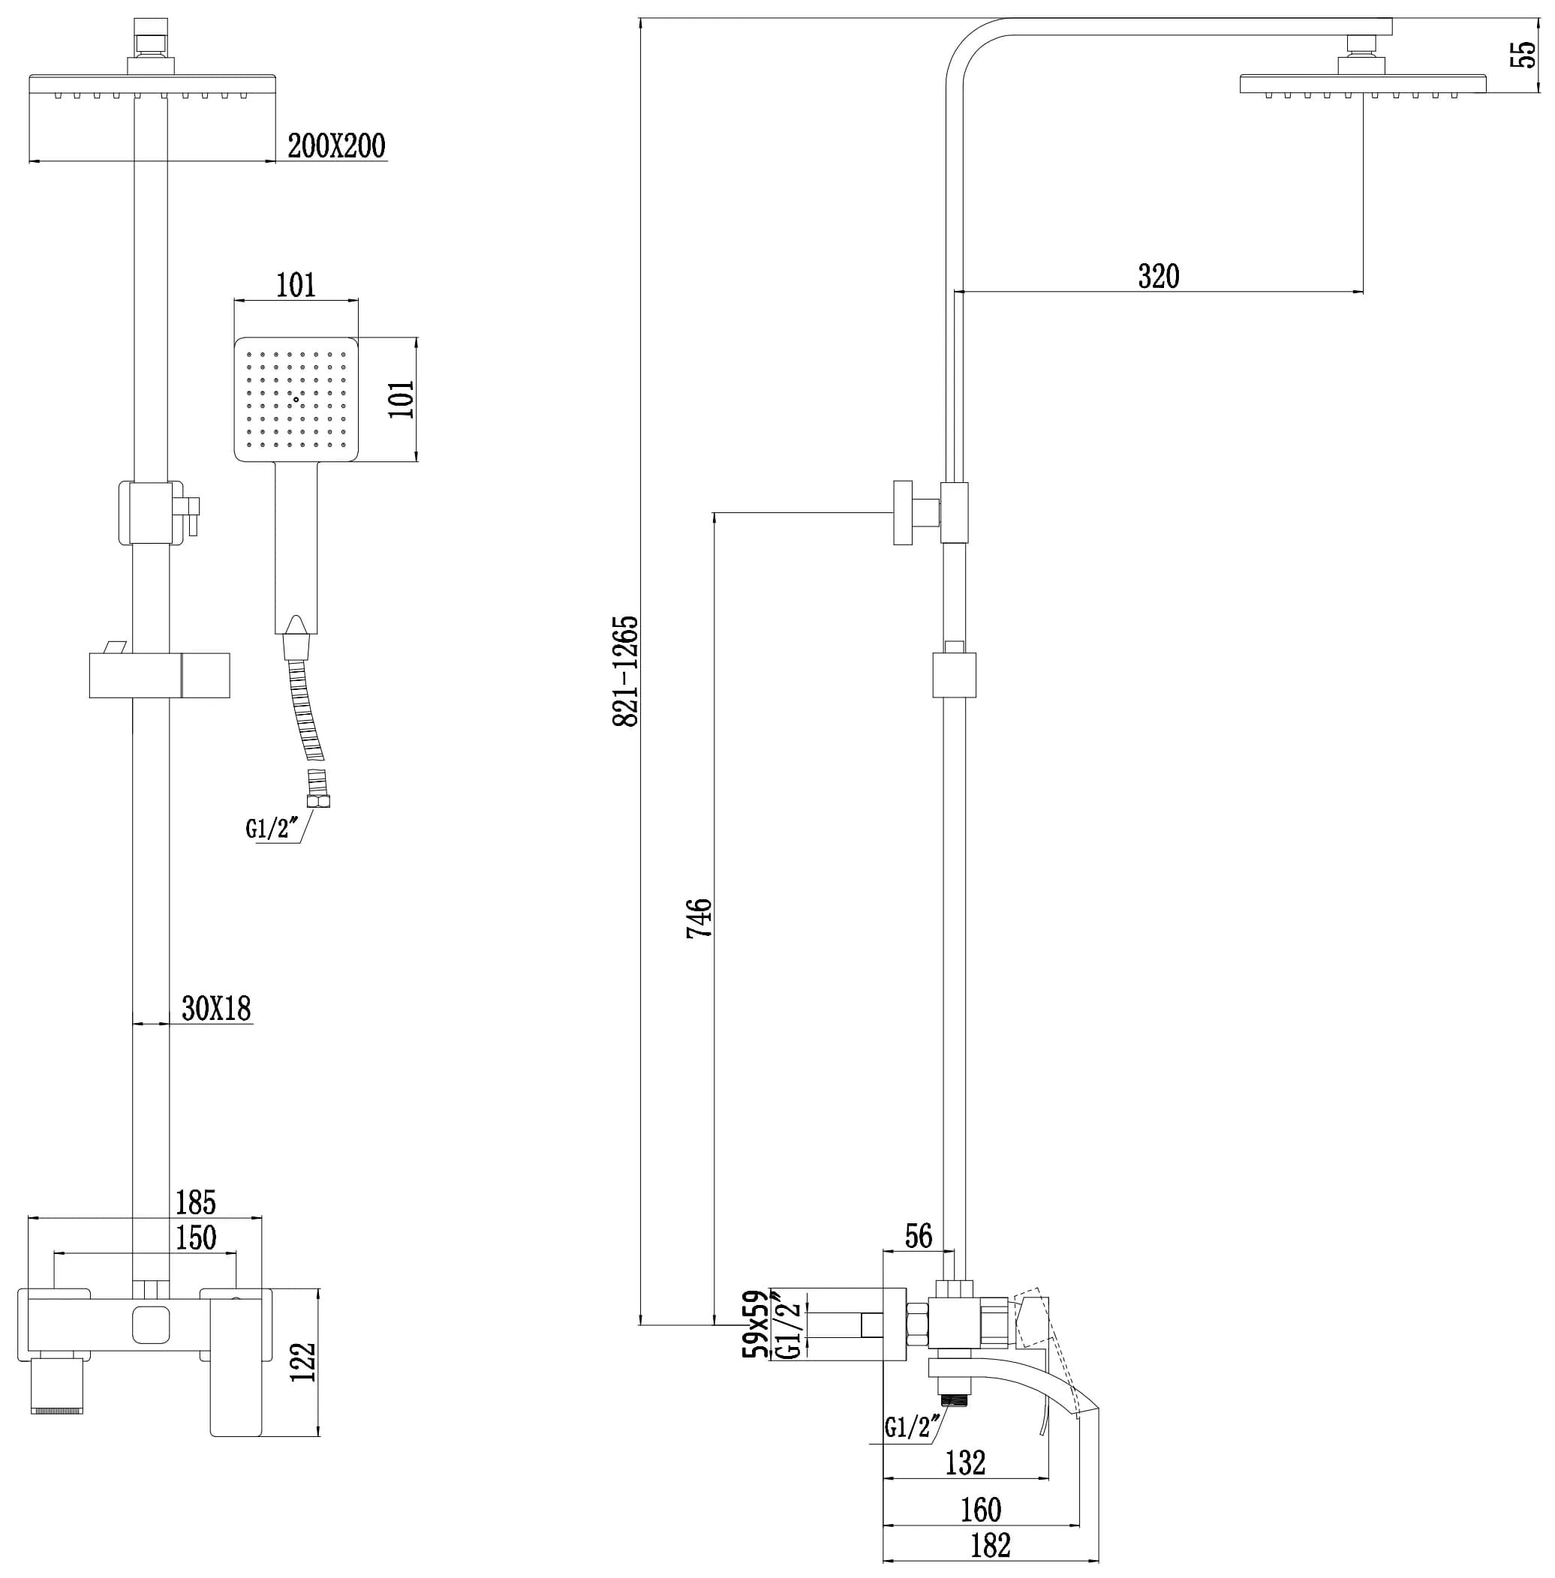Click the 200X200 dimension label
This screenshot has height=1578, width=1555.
(x=336, y=146)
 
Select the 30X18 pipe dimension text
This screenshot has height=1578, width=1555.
(x=215, y=1009)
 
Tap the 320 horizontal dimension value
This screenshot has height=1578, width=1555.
(x=1158, y=277)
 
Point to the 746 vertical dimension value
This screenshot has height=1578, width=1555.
(x=699, y=919)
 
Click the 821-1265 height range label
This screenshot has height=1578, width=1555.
(x=626, y=671)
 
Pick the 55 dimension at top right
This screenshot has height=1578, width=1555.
(x=1523, y=55)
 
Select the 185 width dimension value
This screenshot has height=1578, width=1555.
(x=196, y=1202)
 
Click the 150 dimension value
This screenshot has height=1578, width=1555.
(x=196, y=1238)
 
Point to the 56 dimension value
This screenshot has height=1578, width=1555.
(x=918, y=1236)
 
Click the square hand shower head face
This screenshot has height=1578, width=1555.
(x=296, y=399)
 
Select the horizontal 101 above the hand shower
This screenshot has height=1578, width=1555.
(x=296, y=286)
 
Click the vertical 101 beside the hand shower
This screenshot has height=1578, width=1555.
(x=402, y=399)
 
